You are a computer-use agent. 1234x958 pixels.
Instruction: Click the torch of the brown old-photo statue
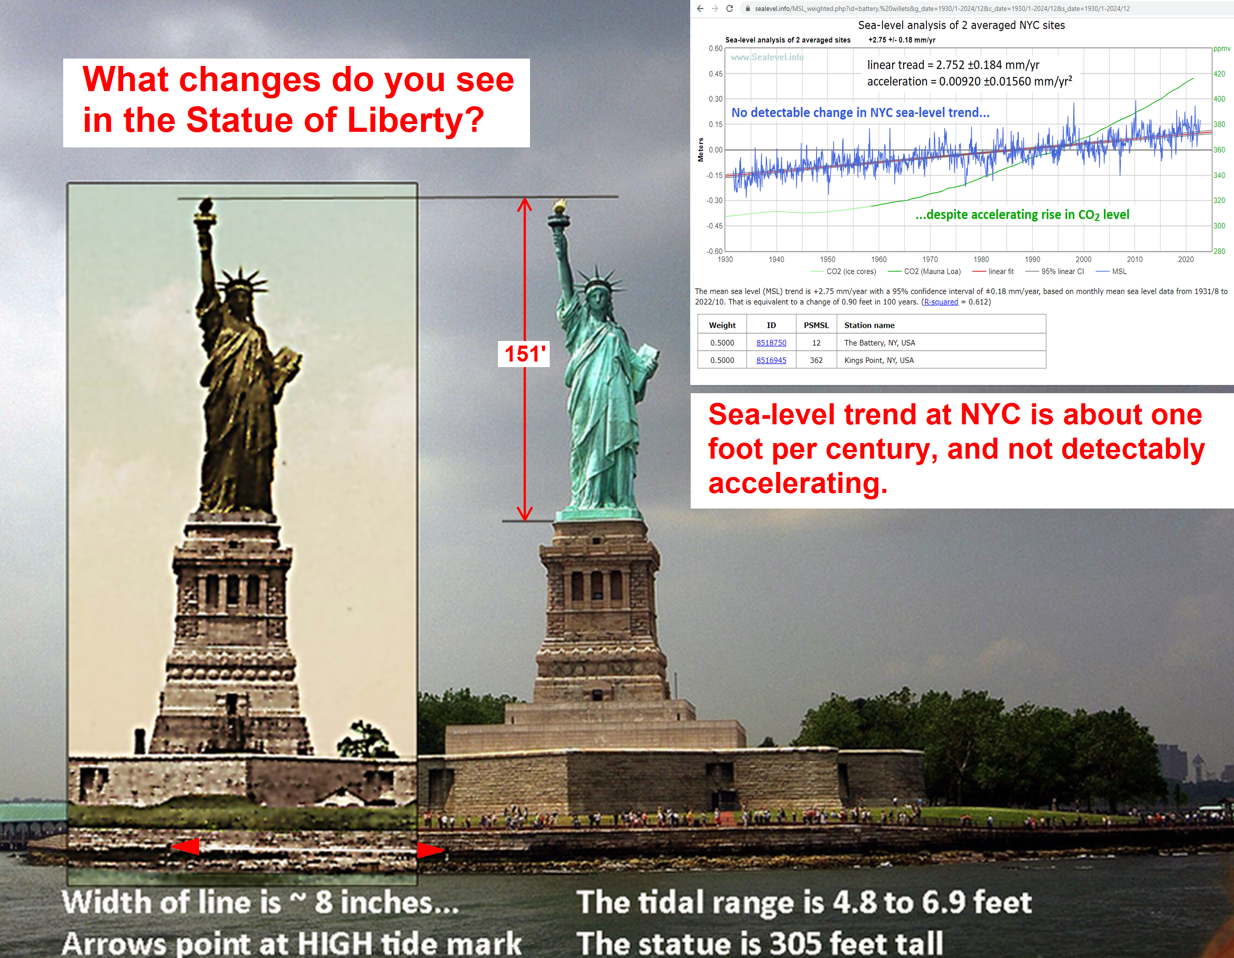(x=205, y=212)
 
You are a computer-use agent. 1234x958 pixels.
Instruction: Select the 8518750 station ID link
(x=771, y=343)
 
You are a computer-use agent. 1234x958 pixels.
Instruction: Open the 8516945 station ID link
(x=771, y=360)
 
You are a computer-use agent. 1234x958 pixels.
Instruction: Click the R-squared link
(x=941, y=302)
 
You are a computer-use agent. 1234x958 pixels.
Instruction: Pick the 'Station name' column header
(x=869, y=325)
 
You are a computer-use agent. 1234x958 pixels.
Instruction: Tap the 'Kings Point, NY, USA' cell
(x=879, y=360)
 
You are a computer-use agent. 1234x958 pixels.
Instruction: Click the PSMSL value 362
(x=816, y=360)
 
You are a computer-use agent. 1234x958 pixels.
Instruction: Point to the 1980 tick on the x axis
(x=981, y=259)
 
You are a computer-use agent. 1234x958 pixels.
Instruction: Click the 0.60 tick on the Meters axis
(x=715, y=49)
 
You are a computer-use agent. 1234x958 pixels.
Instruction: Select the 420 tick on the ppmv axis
(x=1219, y=74)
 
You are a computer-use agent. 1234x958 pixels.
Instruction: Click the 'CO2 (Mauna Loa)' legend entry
(x=925, y=272)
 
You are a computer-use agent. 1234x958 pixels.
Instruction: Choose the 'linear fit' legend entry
(x=993, y=272)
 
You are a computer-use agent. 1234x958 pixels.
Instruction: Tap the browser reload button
(x=730, y=9)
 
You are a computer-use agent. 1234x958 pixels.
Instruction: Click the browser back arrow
(x=700, y=9)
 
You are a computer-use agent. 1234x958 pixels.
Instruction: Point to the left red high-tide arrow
(x=185, y=847)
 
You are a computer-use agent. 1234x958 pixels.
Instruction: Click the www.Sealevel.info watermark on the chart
(x=767, y=57)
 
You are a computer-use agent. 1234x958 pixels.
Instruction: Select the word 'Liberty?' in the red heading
(x=416, y=120)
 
